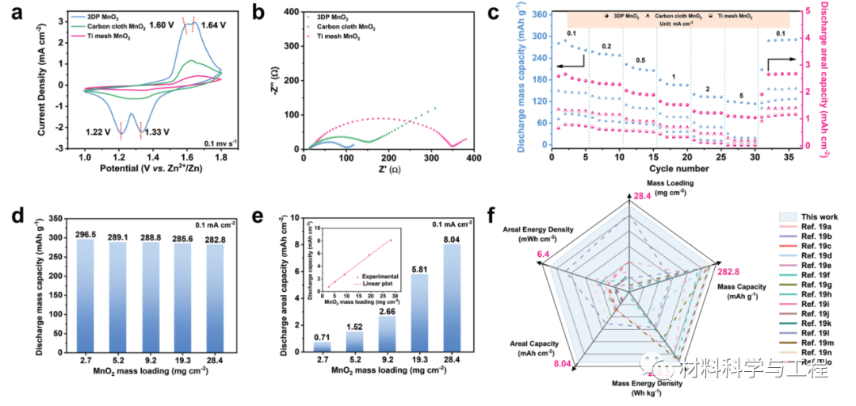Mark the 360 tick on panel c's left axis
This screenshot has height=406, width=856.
click(540, 14)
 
